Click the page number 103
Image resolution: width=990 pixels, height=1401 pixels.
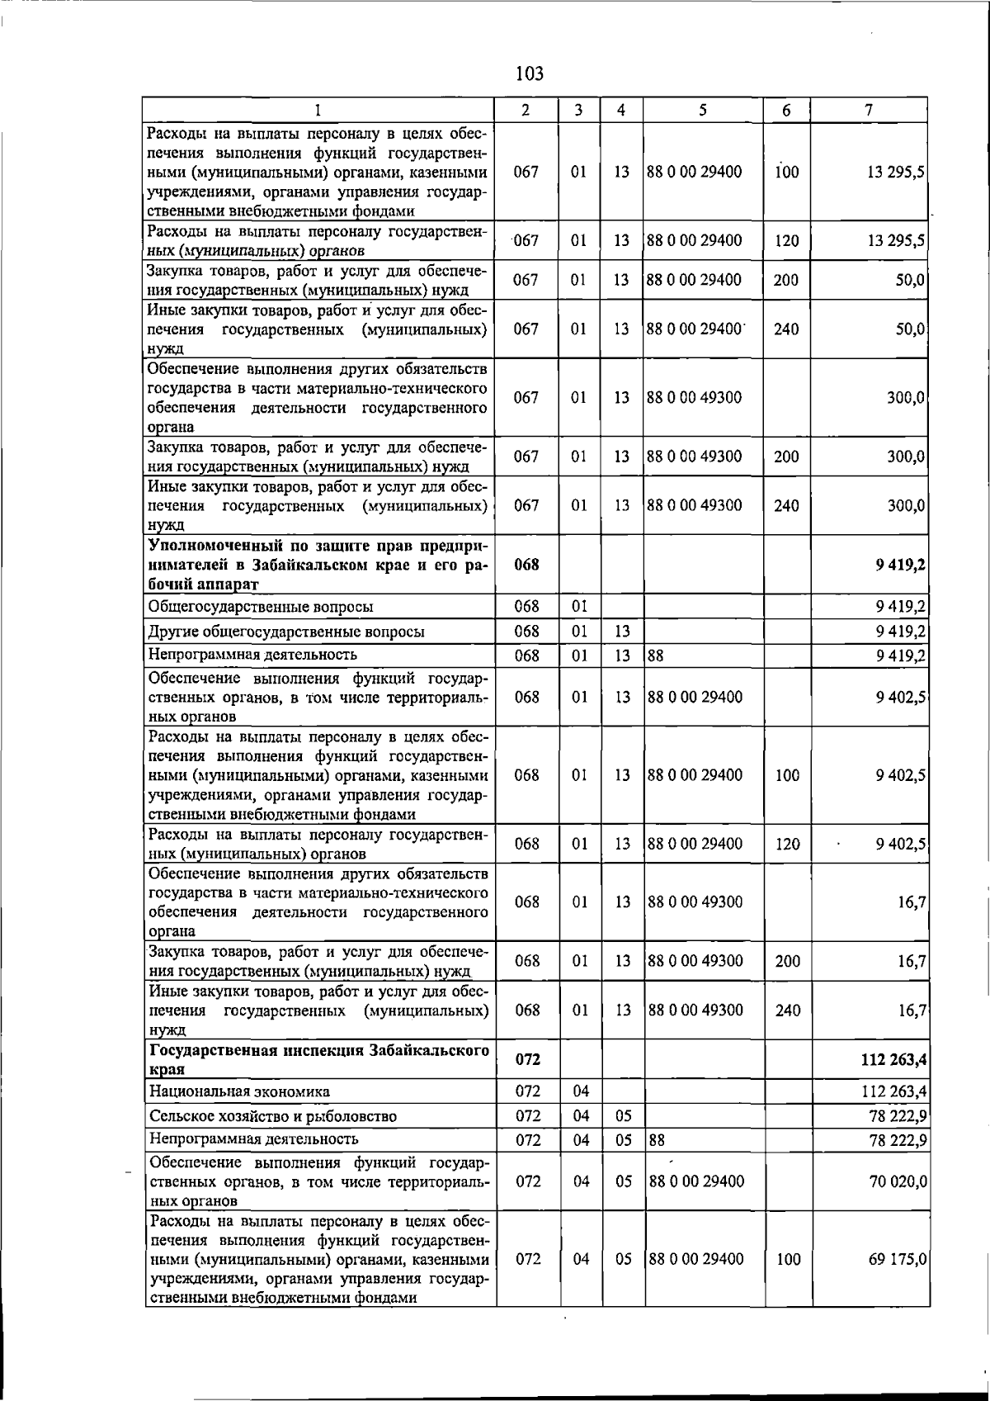coord(529,74)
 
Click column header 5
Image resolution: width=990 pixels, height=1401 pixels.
coord(702,110)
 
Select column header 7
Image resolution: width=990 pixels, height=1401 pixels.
coord(869,110)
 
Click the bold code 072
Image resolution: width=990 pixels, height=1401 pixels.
coord(527,1059)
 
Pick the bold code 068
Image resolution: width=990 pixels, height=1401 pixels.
coord(526,565)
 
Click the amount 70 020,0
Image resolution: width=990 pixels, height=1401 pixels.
coord(898,1181)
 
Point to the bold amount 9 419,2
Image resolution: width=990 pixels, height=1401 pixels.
coord(900,565)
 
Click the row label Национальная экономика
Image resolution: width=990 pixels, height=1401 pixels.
coord(239,1091)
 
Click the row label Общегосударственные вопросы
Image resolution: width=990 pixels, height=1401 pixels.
coord(260,607)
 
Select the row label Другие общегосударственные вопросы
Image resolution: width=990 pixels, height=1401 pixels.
coord(286,632)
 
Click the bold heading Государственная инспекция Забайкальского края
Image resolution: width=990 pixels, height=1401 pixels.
coord(318,1059)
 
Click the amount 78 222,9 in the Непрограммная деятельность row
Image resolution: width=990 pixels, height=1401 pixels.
coord(898,1140)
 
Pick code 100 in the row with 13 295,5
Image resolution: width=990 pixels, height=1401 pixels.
coord(787,173)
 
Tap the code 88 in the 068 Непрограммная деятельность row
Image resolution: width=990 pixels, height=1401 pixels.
coord(656,656)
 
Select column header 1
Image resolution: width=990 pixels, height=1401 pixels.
coord(318,110)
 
